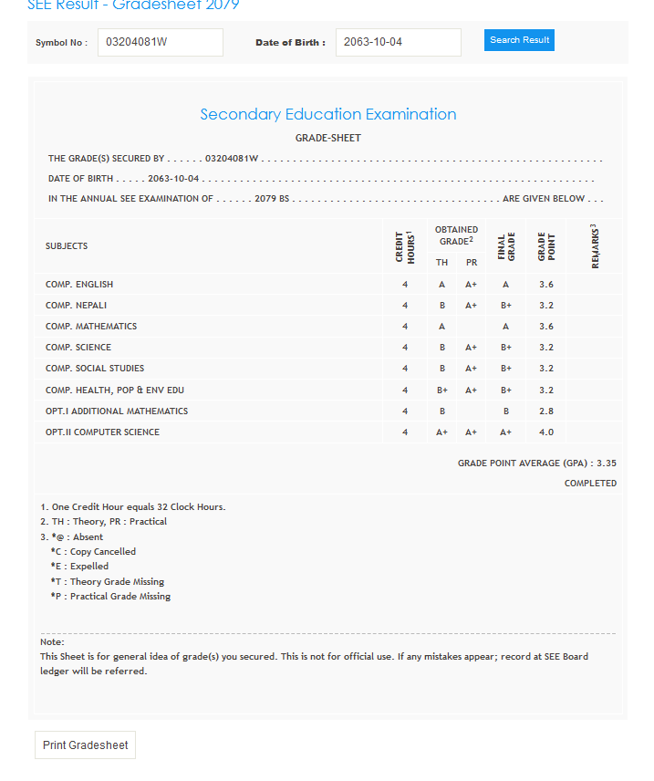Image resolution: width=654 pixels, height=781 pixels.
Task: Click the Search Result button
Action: pyautogui.click(x=519, y=40)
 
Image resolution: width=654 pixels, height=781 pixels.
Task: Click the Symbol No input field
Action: pyautogui.click(x=160, y=42)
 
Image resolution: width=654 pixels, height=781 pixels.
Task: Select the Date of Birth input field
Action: pyautogui.click(x=398, y=42)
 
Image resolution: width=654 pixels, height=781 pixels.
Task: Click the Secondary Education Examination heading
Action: pyautogui.click(x=328, y=114)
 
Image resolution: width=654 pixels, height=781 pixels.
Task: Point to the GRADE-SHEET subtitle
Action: pyautogui.click(x=328, y=138)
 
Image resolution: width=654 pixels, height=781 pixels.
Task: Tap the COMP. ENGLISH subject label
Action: pyautogui.click(x=79, y=285)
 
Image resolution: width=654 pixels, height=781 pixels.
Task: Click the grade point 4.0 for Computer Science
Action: pyautogui.click(x=546, y=432)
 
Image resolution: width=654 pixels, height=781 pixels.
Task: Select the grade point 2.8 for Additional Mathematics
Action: pyautogui.click(x=546, y=411)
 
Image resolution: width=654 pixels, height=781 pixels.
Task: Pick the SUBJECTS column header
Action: pyautogui.click(x=67, y=246)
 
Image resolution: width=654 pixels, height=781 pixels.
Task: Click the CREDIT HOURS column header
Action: pyautogui.click(x=405, y=246)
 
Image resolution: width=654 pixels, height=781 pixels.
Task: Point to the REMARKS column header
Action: pyautogui.click(x=595, y=246)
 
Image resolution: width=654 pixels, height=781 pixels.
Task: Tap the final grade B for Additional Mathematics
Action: pyautogui.click(x=506, y=411)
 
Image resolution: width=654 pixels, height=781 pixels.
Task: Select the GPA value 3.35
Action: pyautogui.click(x=607, y=463)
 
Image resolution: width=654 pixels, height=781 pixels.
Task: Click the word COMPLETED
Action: pyautogui.click(x=590, y=484)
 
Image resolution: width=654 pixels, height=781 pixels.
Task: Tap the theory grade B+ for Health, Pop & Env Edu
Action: pyautogui.click(x=441, y=390)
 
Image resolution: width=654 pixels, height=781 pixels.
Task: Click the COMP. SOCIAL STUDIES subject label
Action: pyautogui.click(x=95, y=369)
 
